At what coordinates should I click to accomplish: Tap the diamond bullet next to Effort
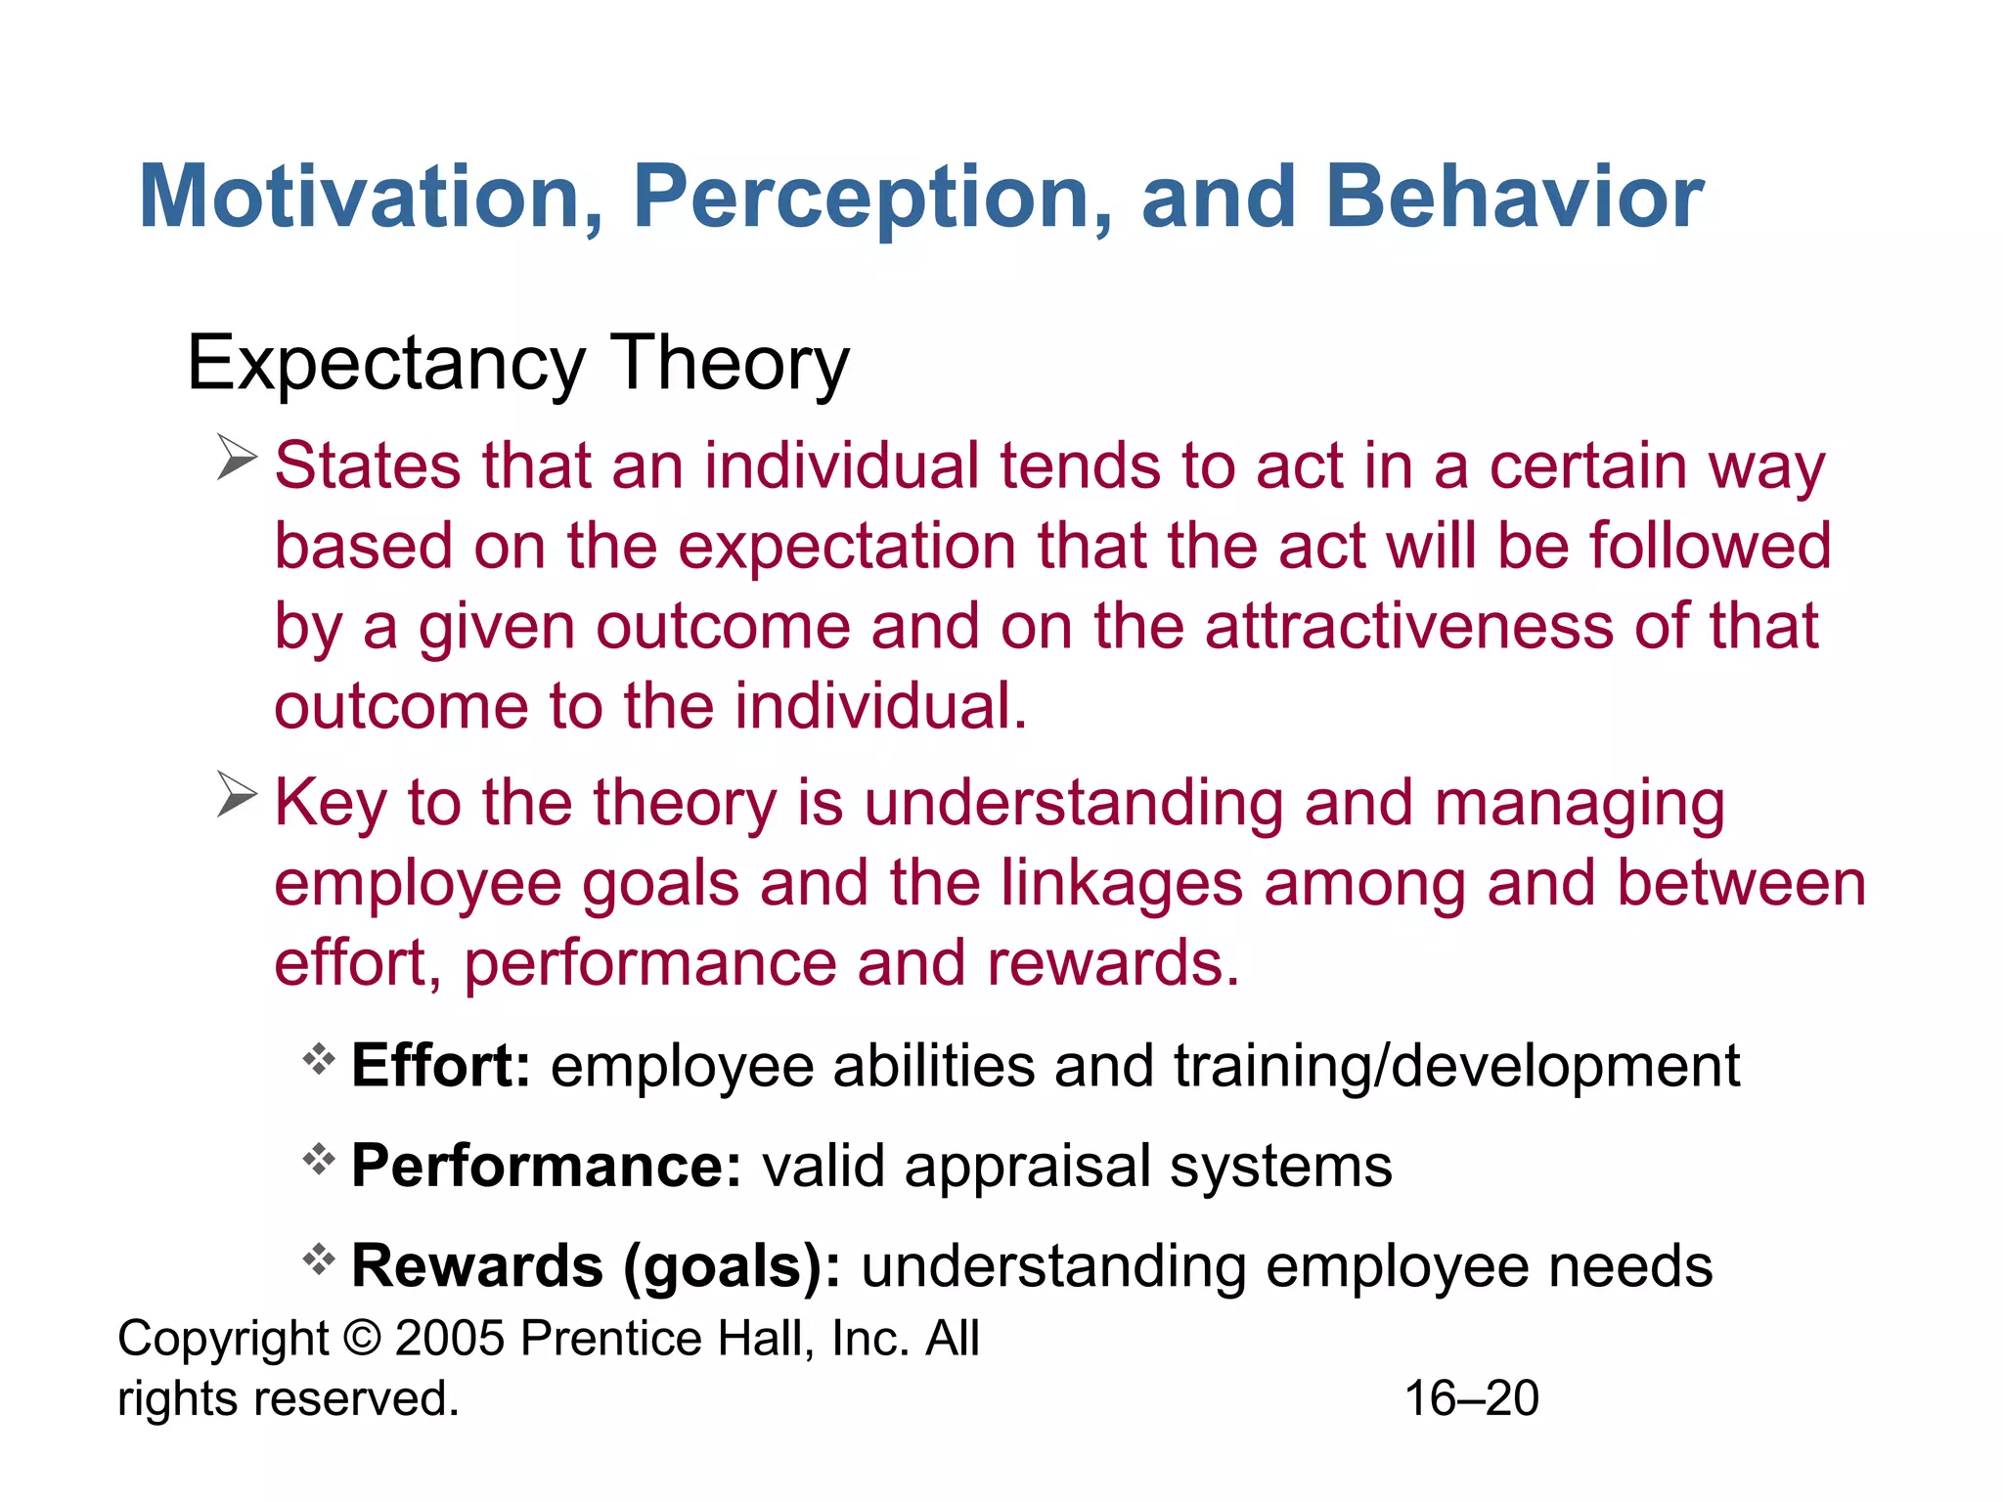coord(319,1059)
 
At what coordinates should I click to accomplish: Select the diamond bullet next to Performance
coord(319,1160)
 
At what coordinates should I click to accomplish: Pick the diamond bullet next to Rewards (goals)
coord(319,1259)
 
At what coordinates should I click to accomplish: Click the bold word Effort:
coord(440,1065)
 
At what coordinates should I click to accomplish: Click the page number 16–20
coord(1472,1398)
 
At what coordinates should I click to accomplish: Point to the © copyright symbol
coord(362,1338)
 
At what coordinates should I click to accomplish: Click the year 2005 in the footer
coord(450,1338)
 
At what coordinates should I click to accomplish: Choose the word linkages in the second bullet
coord(1121,883)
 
